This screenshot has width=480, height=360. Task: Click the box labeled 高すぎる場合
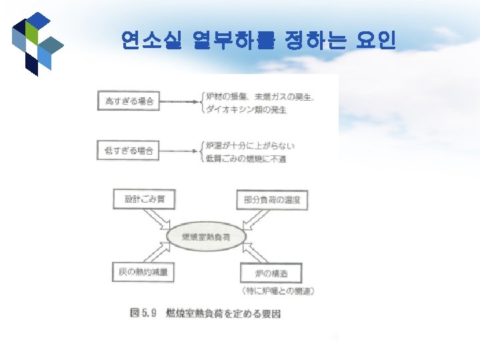129,101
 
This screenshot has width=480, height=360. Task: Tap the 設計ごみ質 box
142,199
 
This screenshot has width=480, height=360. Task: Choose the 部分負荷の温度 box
268,199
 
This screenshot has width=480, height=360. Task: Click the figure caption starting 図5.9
207,311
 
